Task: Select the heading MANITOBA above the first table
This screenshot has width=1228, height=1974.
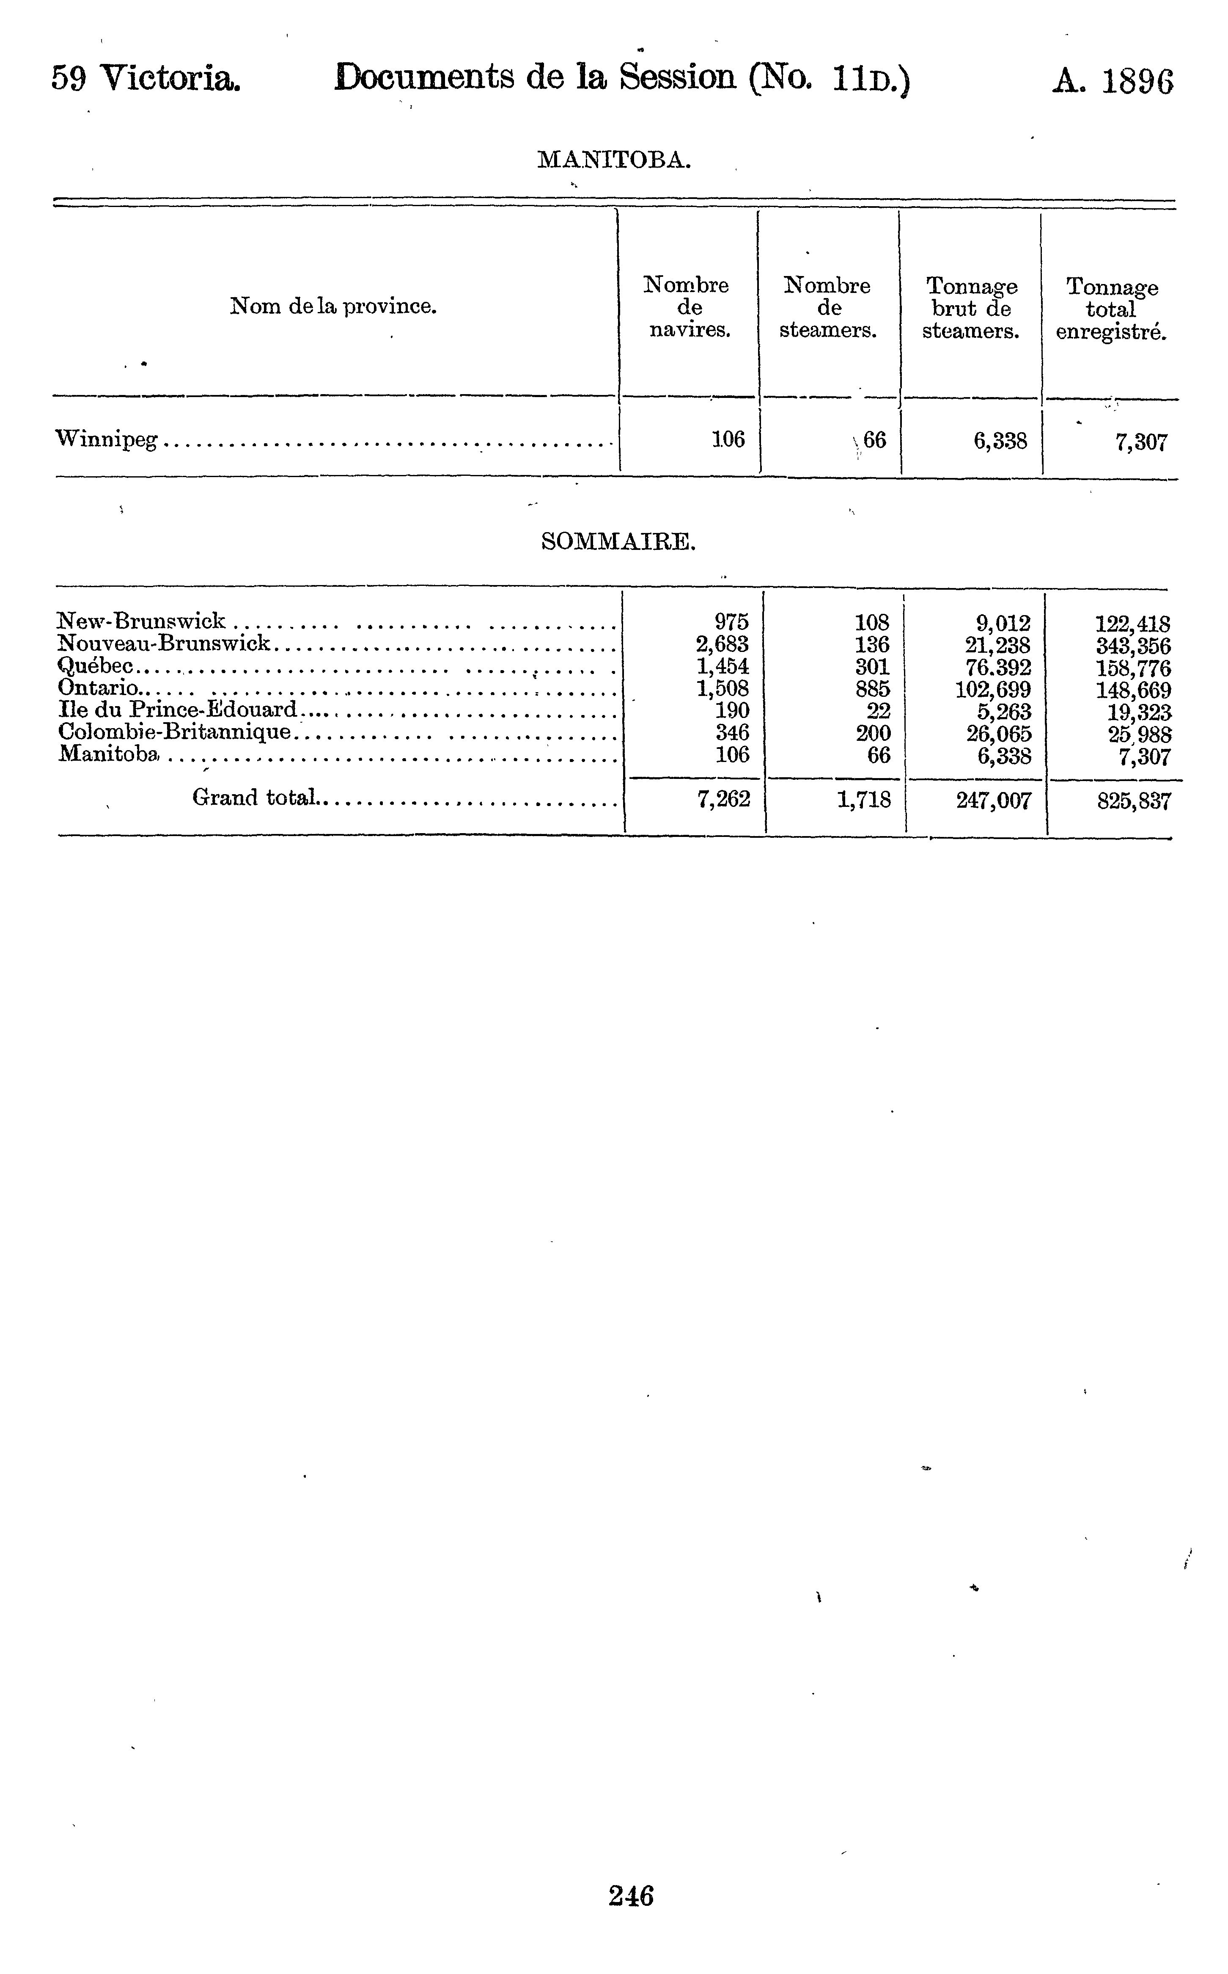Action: (x=614, y=160)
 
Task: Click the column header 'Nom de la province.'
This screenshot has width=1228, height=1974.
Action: (x=334, y=306)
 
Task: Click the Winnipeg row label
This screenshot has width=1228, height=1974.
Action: (x=107, y=440)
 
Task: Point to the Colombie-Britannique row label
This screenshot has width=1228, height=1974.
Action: (x=175, y=732)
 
